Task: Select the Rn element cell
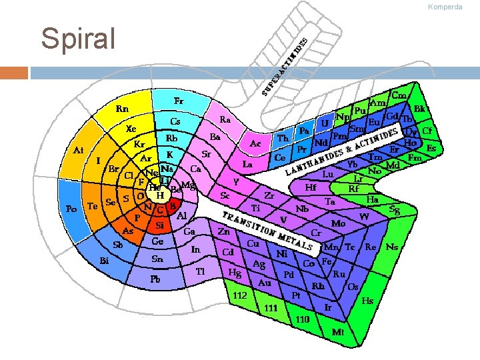(123, 108)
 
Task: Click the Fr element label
(179, 101)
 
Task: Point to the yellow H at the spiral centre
(160, 195)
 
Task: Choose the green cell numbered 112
(241, 295)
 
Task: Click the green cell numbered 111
(271, 308)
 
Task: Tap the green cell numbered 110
(302, 319)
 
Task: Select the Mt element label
(339, 331)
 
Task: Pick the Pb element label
(155, 278)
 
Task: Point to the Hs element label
(367, 300)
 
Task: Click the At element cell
(78, 151)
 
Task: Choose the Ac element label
(255, 143)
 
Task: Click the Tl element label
(200, 271)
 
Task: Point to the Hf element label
(311, 187)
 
